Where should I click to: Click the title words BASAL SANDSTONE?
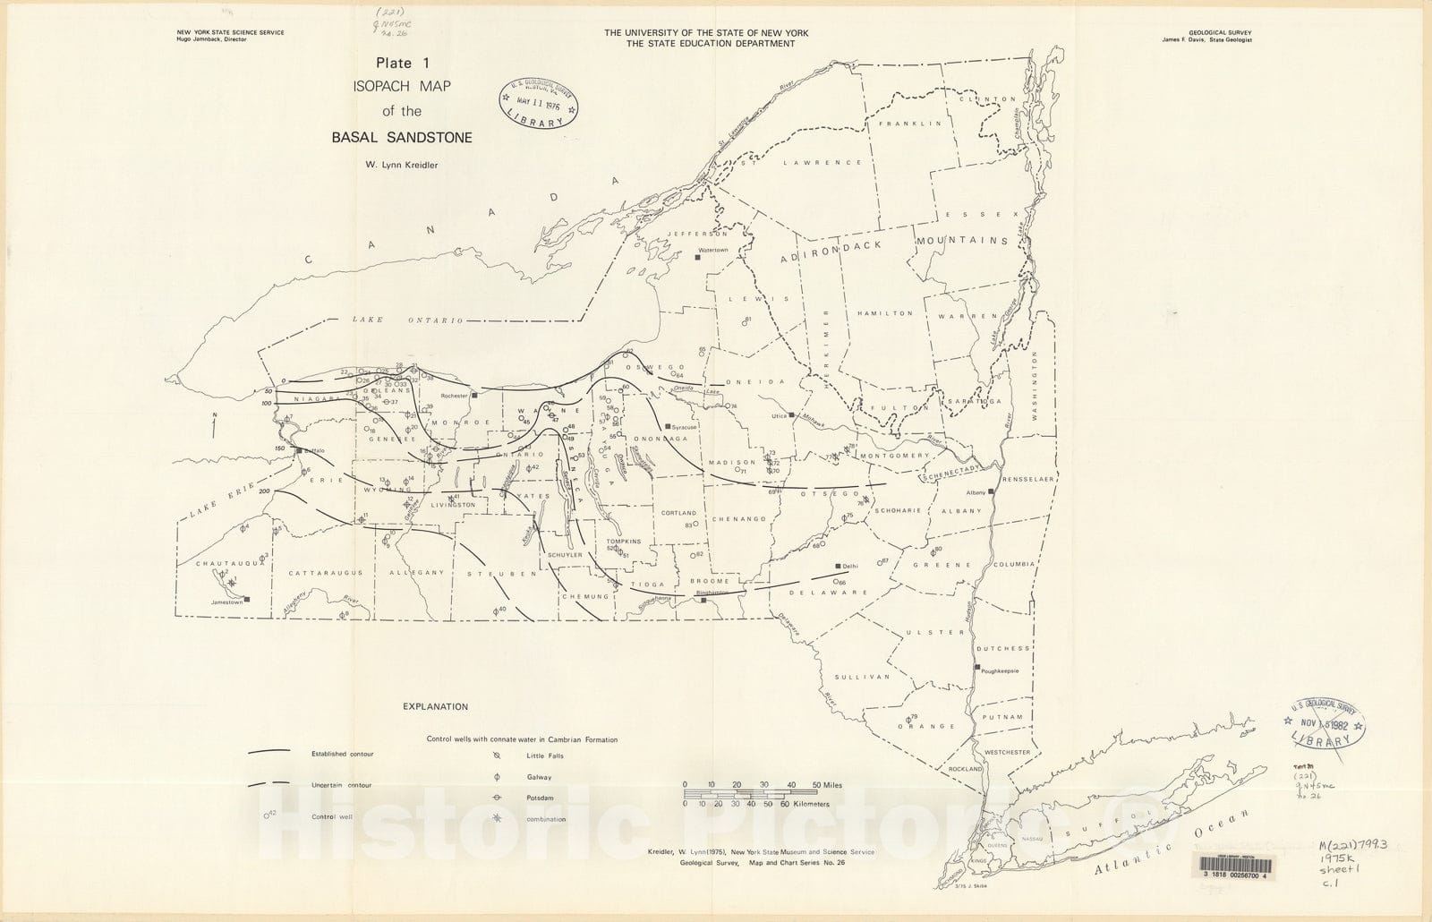(402, 138)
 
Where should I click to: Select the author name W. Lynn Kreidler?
(401, 164)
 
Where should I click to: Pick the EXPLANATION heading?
(435, 706)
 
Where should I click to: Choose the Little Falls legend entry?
(545, 756)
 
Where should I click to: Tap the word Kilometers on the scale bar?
(811, 804)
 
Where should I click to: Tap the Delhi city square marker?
(839, 566)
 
